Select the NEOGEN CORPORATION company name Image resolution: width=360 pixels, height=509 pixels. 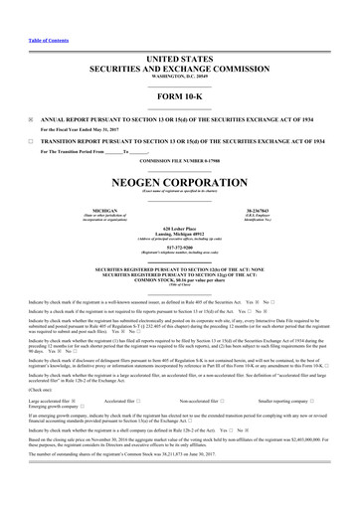[180, 187]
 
